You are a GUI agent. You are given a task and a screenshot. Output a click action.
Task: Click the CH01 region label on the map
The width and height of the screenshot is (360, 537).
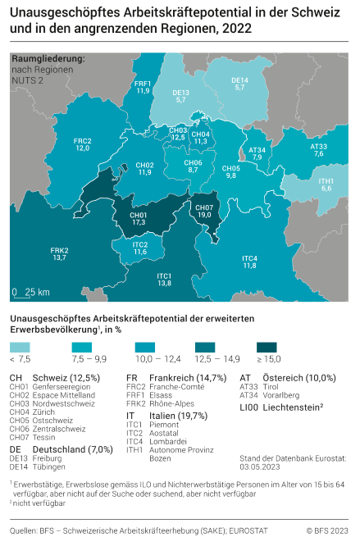pos(139,218)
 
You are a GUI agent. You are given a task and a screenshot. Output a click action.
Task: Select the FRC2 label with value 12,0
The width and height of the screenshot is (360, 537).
pos(82,145)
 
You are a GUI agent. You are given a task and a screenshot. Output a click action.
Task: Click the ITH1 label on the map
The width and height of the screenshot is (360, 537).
pos(326,184)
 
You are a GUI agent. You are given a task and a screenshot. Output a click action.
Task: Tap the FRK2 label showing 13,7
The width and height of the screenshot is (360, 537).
pos(59,254)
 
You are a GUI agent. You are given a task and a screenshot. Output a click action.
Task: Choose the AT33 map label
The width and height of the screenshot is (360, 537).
pos(319,150)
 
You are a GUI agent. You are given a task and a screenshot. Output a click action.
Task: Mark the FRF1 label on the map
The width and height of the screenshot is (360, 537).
pos(143,87)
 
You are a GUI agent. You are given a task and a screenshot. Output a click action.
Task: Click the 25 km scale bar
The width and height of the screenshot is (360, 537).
pos(31,293)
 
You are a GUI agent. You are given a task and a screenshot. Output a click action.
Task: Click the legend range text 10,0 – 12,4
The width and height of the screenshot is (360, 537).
pos(157,359)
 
